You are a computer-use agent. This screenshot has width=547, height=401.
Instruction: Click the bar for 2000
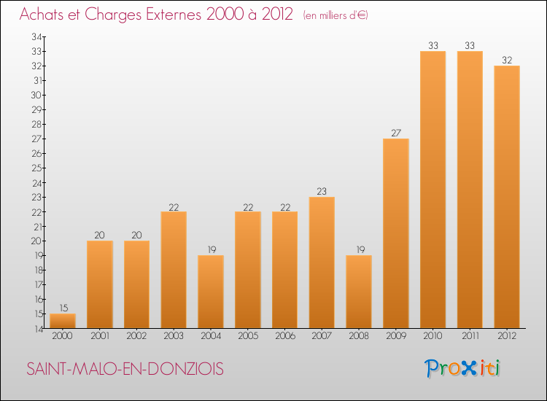pos(63,321)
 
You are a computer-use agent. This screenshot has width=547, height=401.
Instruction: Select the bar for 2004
pos(211,292)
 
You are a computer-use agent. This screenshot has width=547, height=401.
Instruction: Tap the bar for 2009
pos(395,233)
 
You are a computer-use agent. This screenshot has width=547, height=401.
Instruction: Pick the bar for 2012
pos(506,197)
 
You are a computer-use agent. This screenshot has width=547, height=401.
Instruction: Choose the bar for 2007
pos(322,262)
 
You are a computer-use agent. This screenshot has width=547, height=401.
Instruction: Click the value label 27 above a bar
pos(395,133)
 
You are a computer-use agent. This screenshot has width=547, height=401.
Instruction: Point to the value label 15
pos(63,308)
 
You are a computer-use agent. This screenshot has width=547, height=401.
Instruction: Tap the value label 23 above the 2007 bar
pos(322,191)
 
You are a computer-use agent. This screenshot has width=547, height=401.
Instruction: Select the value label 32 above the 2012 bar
pos(506,60)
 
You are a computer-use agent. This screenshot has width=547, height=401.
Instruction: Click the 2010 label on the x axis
pos(432,336)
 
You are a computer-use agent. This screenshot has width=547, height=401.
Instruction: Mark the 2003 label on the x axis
pos(174,336)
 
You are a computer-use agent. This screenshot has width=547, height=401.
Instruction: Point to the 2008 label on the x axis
pos(359,336)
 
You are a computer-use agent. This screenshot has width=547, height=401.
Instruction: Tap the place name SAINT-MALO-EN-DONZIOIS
pos(125,369)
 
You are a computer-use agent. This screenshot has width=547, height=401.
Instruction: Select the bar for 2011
pos(470,190)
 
